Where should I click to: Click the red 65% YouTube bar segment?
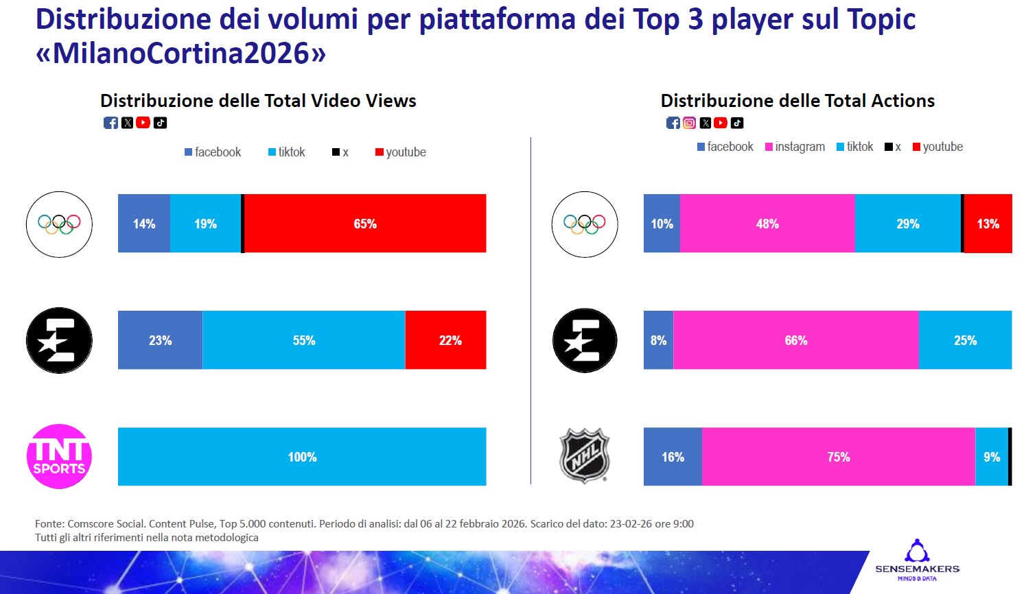coord(365,224)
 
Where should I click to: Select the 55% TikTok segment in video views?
coord(304,340)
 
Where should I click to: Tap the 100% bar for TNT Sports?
coord(302,457)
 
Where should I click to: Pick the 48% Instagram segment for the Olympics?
coord(767,224)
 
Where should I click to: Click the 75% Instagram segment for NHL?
coord(839,457)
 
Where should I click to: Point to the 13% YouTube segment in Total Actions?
coord(988,224)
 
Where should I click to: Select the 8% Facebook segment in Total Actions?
coord(658,340)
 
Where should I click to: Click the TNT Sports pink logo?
coord(59,456)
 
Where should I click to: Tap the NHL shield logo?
coord(584,456)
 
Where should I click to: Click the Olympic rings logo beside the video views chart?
coord(59,224)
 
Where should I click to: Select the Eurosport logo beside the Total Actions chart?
coord(585,340)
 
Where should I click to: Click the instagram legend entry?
coord(795,147)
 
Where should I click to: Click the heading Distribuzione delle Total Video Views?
coord(258,101)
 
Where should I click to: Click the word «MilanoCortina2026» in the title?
coord(180,54)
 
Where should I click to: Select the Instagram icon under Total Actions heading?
coord(689,123)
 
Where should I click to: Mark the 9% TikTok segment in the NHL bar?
coord(992,457)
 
